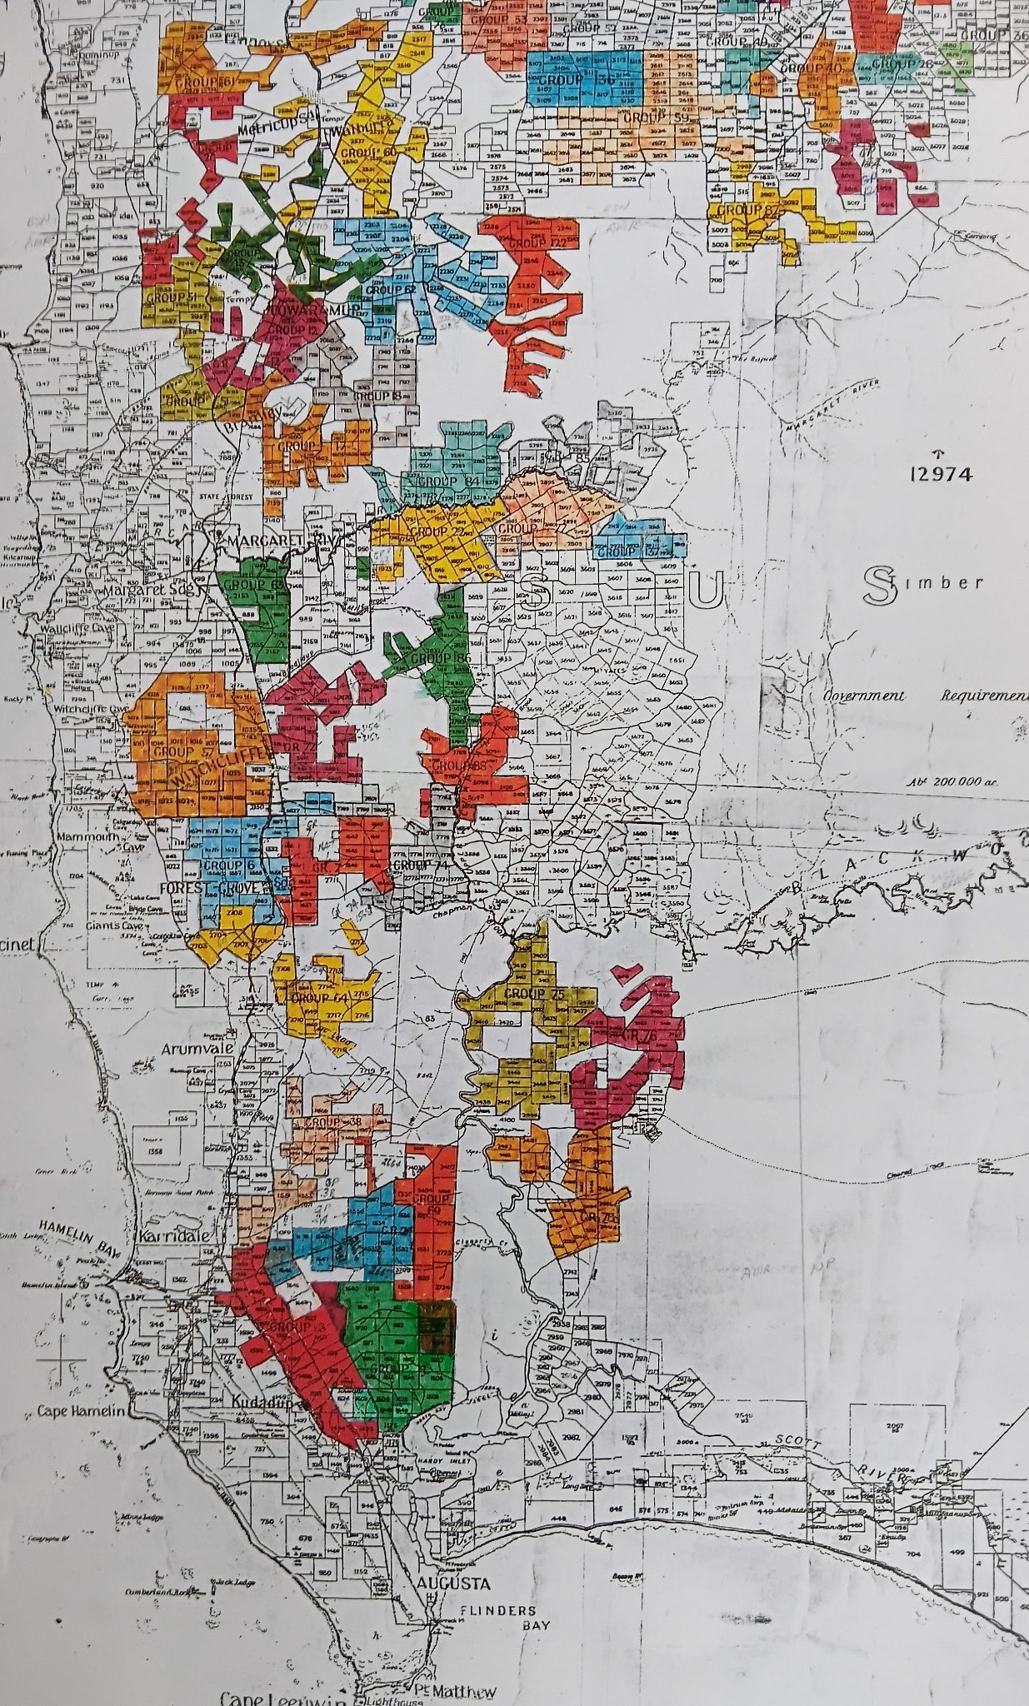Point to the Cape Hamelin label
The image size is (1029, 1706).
(x=82, y=1411)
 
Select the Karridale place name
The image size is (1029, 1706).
(x=174, y=1235)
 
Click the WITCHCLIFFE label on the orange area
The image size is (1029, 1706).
(x=210, y=770)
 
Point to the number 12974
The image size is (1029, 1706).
(x=941, y=474)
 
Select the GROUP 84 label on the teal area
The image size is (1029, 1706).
(x=450, y=481)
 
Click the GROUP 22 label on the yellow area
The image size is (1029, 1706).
(x=437, y=531)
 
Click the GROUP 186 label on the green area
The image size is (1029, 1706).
(x=441, y=658)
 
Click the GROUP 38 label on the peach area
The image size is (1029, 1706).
(x=333, y=1122)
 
